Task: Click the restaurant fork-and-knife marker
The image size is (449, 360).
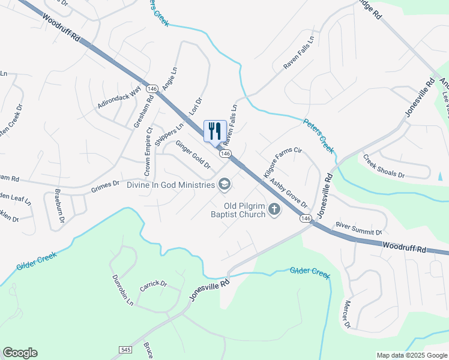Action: click(x=215, y=131)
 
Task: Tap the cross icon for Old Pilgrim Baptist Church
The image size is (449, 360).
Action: click(x=274, y=209)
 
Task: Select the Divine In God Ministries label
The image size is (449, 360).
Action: click(x=170, y=185)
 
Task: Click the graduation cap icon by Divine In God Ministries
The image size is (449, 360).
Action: click(x=224, y=184)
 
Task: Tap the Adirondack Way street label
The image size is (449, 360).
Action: click(x=119, y=97)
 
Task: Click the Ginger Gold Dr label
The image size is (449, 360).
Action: click(x=193, y=154)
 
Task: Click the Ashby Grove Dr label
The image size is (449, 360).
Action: click(x=288, y=193)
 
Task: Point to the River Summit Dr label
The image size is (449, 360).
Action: click(x=359, y=228)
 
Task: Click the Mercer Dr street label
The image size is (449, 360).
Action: click(x=346, y=316)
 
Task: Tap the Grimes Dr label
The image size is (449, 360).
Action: click(x=106, y=188)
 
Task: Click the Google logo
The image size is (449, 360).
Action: click(x=20, y=353)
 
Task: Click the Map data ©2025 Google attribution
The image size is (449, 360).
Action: click(x=411, y=355)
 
